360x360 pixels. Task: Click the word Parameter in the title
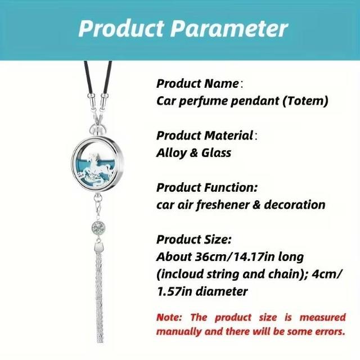229,29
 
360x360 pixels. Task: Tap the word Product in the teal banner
121,28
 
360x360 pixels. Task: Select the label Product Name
197,83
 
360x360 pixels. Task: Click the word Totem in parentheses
305,101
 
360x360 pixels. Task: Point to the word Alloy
171,153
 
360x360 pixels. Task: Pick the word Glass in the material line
216,153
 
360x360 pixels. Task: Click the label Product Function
207,187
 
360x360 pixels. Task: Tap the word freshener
222,205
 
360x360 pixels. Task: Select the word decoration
295,205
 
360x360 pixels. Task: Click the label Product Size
193,240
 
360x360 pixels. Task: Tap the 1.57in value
175,291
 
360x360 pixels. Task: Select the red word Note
169,317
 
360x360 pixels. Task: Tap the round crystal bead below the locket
98,227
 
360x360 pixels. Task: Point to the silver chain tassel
100,296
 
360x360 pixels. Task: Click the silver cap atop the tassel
99,247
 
